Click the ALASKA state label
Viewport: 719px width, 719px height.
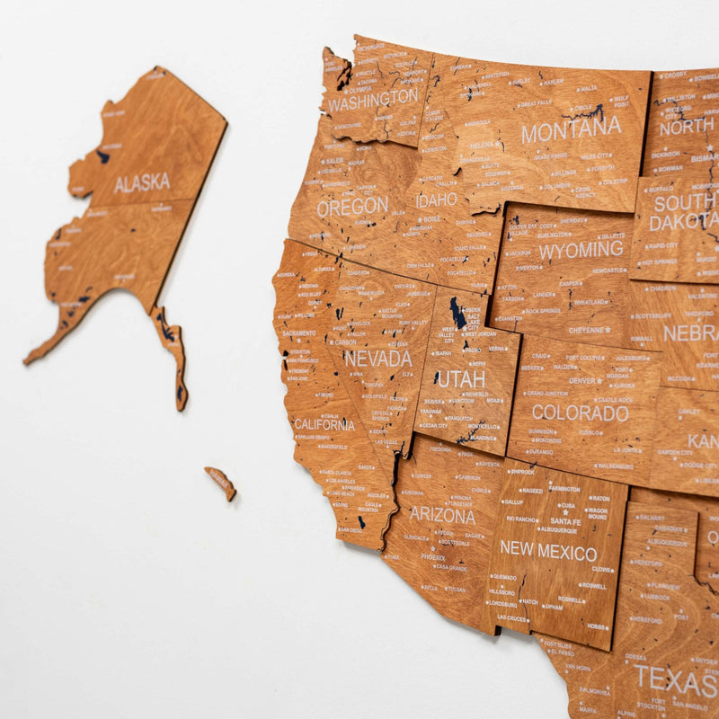[142, 182]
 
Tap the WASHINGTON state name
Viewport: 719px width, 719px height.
[373, 100]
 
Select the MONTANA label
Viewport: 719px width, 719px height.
[571, 129]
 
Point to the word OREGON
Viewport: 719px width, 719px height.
[351, 208]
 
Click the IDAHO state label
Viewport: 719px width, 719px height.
[436, 200]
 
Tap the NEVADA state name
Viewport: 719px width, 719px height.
[377, 359]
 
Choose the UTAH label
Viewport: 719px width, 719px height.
[461, 378]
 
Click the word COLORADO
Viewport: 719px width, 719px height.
[580, 413]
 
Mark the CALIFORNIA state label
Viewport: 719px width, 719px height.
[324, 424]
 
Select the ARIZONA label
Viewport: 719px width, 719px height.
[442, 515]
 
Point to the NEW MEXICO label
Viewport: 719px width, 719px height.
[548, 551]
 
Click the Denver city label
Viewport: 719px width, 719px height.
[585, 380]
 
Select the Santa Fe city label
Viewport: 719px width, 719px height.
[565, 521]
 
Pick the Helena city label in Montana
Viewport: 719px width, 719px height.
[483, 145]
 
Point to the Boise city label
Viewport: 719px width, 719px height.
[432, 218]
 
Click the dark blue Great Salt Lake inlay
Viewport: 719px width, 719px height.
[458, 315]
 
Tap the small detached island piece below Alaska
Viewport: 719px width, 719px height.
[220, 482]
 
